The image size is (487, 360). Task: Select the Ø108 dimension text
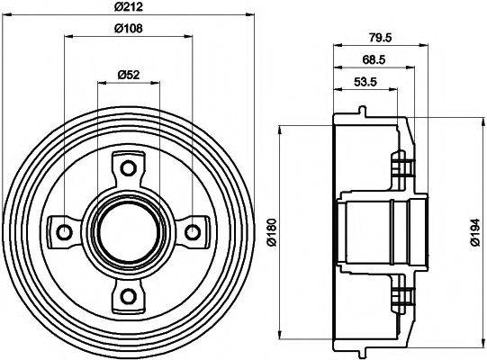pos(129,28)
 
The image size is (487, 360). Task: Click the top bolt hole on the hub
pos(128,168)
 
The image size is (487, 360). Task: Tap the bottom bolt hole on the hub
pos(128,296)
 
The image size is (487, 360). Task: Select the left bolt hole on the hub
pos(64,232)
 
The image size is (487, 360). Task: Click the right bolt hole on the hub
pos(192,232)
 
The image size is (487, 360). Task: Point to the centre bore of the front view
pos(128,232)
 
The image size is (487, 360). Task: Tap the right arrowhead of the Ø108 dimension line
pos(188,37)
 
